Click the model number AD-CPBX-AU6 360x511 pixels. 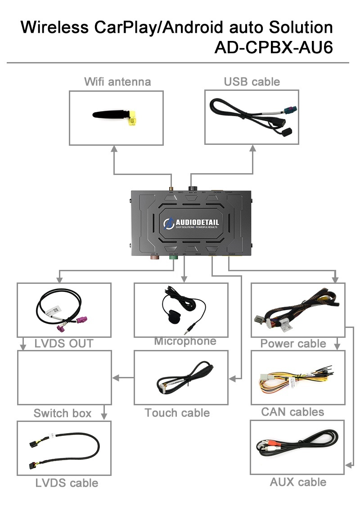[x=274, y=47]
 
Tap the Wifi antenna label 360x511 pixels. [x=117, y=81]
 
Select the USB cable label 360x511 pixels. [x=252, y=81]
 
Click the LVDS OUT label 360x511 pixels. [x=64, y=344]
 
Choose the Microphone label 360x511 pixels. [x=185, y=341]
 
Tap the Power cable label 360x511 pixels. [x=293, y=344]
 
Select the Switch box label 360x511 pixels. [x=63, y=413]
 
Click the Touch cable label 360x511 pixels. [x=177, y=412]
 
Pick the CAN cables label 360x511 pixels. [x=292, y=412]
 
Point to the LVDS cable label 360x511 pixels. [x=67, y=483]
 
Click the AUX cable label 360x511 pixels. [x=298, y=482]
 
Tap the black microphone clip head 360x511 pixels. [x=173, y=315]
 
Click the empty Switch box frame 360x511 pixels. [x=64, y=377]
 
